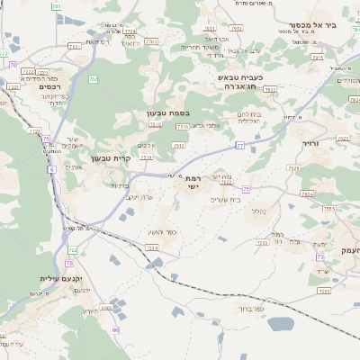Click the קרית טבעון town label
tap(112, 159)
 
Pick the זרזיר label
tap(310, 142)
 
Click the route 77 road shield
tap(240, 145)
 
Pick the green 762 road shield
tap(94, 79)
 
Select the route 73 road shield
tap(320, 257)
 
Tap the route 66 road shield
tap(115, 329)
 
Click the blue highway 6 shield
tap(52, 169)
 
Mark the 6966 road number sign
tap(106, 308)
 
